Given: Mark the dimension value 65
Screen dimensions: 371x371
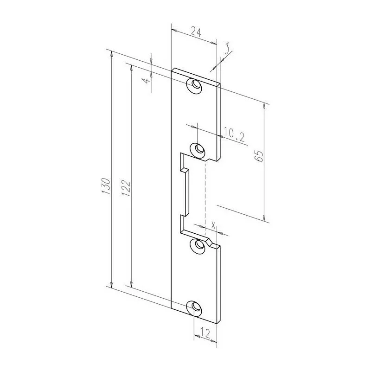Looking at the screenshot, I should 259,156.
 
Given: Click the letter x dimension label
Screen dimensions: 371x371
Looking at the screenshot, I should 213,224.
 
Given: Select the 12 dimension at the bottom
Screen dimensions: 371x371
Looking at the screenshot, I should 204,333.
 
